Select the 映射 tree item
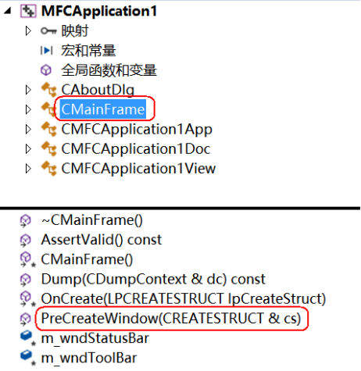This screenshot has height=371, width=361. tap(75, 31)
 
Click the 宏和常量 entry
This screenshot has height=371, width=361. tap(88, 51)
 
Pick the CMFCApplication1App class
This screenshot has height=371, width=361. tap(136, 128)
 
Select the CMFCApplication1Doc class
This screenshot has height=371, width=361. tap(135, 148)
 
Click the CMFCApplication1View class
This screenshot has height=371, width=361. tap(138, 167)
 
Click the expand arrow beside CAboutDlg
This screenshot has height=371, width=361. tap(28, 90)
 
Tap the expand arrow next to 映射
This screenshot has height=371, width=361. tap(28, 31)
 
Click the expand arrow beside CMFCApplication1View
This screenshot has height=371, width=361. tap(28, 167)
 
